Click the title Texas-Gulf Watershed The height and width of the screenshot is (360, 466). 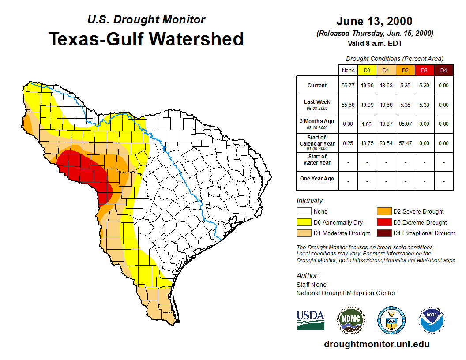click(x=146, y=39)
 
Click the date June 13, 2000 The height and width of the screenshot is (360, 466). click(x=374, y=21)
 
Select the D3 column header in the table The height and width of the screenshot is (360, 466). click(x=424, y=70)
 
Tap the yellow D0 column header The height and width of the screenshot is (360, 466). click(x=367, y=70)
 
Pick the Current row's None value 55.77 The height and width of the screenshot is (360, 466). click(x=348, y=86)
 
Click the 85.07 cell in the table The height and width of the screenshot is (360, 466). click(x=405, y=124)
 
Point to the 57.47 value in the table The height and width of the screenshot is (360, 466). click(x=405, y=143)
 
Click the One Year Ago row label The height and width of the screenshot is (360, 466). click(x=317, y=179)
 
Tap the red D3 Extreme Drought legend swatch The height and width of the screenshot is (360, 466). click(x=383, y=222)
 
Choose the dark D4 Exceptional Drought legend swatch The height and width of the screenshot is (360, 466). click(x=383, y=233)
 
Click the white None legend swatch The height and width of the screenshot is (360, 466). click(x=304, y=212)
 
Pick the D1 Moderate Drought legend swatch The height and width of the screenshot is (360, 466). click(x=304, y=233)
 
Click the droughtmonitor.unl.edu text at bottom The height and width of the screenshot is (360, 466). click(x=376, y=344)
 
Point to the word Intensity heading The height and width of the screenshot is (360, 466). click(x=310, y=201)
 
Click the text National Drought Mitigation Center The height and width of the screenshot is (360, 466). click(x=346, y=293)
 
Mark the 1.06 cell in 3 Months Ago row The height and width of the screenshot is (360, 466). click(x=367, y=124)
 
